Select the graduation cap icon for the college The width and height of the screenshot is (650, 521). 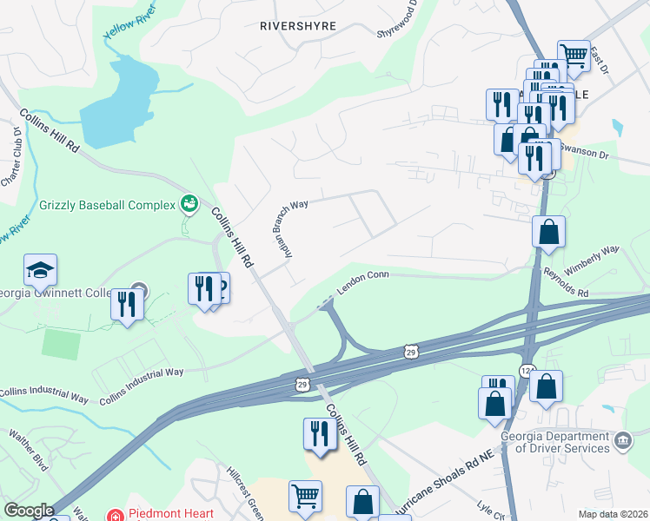point(40,270)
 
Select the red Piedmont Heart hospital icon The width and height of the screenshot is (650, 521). point(113,514)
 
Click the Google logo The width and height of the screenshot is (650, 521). point(29,511)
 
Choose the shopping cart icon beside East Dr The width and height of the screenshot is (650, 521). point(574,56)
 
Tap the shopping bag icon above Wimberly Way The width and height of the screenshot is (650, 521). point(549,232)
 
